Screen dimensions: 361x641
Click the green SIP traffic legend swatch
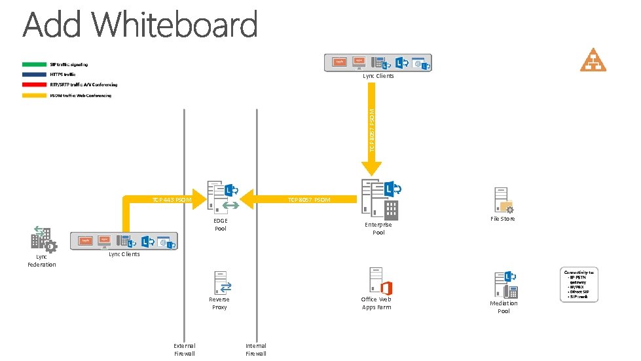34,64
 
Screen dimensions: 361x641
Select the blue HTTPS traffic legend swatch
34,75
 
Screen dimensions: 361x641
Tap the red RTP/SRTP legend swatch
34,85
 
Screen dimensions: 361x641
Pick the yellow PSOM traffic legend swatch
34,96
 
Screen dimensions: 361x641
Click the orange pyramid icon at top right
593,60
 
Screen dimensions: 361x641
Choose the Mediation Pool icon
505,285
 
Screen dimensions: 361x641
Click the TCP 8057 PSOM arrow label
309,200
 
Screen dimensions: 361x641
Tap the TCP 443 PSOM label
172,199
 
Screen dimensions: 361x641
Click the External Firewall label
184,349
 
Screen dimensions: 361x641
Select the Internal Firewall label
256,349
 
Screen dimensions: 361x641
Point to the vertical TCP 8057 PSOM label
372,131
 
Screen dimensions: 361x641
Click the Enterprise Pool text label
378,229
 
